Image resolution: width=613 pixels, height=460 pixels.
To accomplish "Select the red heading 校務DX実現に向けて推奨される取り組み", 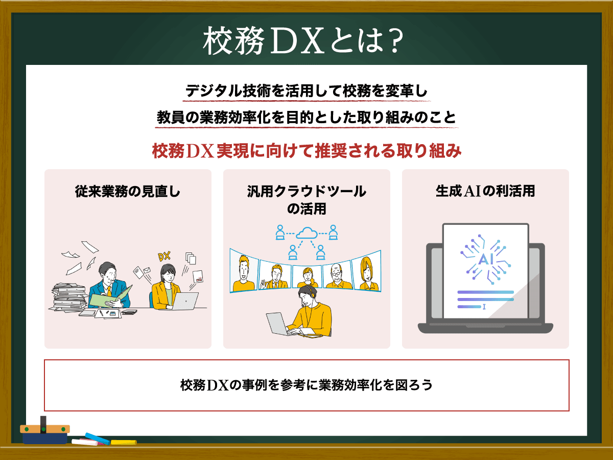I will point(306,151).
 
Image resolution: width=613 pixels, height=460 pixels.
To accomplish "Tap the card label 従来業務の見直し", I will point(128,192).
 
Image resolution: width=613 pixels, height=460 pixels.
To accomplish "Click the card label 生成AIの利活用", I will point(485,192).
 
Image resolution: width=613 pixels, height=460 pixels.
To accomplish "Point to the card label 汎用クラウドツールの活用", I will point(306,200).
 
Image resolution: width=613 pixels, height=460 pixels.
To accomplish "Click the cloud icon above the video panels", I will point(306,233).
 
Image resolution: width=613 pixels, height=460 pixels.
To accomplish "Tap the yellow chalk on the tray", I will point(124,442).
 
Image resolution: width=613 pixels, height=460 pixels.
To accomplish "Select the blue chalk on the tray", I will point(97,438).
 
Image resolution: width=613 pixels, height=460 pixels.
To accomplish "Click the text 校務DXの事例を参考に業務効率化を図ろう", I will point(306,385).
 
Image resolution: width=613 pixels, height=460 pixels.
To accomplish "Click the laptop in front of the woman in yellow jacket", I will point(184,301).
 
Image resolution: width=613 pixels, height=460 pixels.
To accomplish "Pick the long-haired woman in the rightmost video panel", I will point(367,273).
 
